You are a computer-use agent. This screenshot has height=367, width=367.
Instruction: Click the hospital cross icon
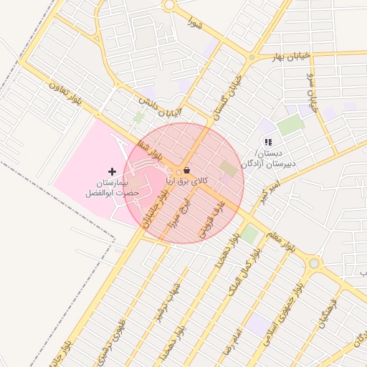(x=111, y=171)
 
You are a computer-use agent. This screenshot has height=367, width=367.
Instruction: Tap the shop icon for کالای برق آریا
(x=187, y=171)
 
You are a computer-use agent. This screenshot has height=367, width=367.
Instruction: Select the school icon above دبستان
(x=268, y=143)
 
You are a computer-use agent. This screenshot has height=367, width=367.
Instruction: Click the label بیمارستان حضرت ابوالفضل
(x=105, y=189)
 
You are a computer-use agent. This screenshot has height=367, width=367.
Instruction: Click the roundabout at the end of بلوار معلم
(x=313, y=264)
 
